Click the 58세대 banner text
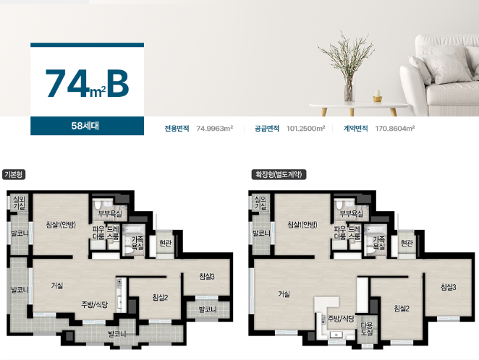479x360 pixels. tap(85, 126)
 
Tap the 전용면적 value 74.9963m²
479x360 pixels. tap(214, 129)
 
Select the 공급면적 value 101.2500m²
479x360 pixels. tap(305, 129)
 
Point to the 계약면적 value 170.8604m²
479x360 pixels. tap(394, 129)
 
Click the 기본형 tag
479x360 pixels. tap(14, 174)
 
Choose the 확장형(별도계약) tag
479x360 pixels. tap(279, 174)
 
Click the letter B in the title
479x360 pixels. tap(118, 84)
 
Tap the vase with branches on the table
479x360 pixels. tap(347, 67)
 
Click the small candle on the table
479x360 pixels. tap(377, 97)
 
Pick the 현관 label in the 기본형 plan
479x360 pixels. tap(165, 243)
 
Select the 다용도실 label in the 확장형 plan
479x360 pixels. tap(367, 329)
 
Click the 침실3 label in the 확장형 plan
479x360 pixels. tap(448, 287)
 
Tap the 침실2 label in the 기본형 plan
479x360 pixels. tap(160, 297)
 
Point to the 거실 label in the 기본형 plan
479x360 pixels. tap(57, 286)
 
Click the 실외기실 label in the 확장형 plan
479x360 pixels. tap(260, 203)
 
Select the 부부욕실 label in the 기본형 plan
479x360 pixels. tap(110, 213)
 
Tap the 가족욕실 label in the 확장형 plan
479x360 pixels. tap(379, 243)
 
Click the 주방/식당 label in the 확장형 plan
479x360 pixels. tap(341, 319)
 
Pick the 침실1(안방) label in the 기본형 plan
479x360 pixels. tap(61, 225)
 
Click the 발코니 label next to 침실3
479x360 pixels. tap(208, 309)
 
